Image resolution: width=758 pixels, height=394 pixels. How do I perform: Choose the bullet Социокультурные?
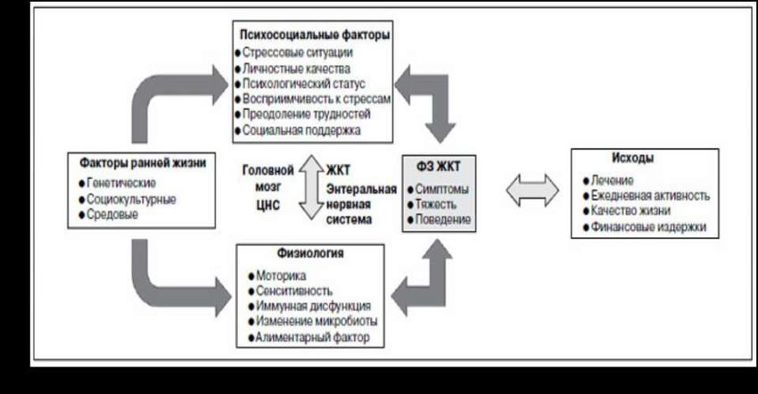pos(129,199)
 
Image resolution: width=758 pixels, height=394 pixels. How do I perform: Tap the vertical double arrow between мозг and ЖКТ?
pos(309,188)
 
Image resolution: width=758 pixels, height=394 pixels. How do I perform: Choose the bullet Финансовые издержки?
pos(647,227)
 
